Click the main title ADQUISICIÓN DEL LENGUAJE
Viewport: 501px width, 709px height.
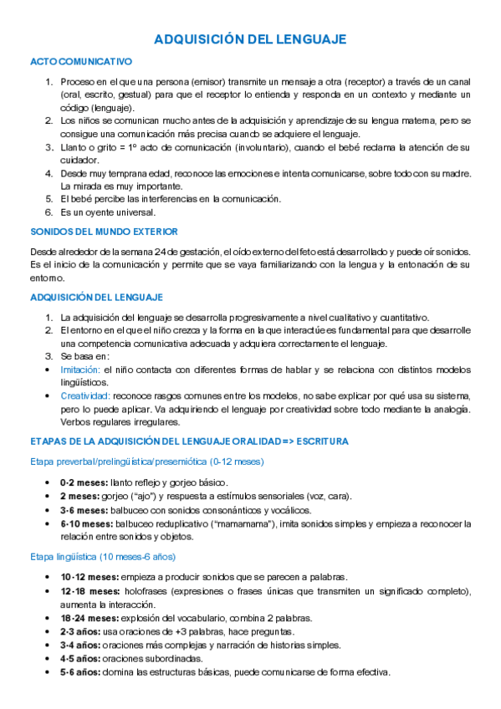[251, 39]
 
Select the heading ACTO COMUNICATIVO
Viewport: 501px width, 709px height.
[81, 62]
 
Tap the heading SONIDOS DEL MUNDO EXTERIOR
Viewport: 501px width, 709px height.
[103, 231]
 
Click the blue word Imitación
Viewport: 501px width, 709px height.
[81, 369]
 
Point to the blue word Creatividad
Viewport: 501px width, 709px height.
[86, 395]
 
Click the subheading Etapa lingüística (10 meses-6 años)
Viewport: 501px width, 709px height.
[102, 556]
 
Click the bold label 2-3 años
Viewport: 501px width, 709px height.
[80, 631]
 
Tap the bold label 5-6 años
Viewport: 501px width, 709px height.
[80, 672]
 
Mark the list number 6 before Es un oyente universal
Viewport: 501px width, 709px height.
[49, 212]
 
